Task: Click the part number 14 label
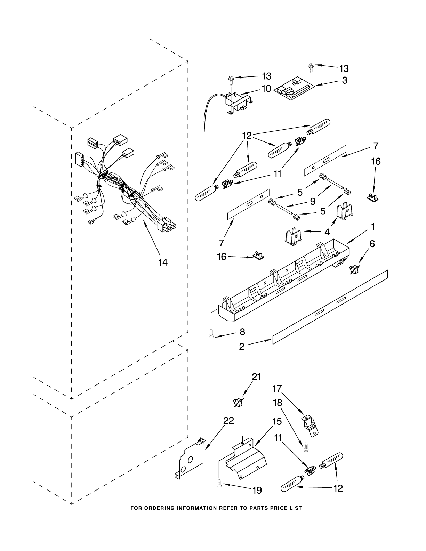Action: tap(163, 262)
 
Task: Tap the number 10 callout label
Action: tap(266, 89)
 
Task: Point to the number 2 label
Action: tap(242, 346)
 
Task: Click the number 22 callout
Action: tap(228, 421)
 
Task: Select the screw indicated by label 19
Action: tap(219, 484)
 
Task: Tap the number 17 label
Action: tap(277, 388)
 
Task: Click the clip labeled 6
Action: tap(354, 269)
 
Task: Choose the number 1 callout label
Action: tap(373, 227)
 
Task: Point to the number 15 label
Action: tap(277, 421)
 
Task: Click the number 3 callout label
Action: tap(345, 80)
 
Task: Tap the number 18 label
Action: tap(278, 403)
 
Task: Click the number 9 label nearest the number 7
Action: tap(313, 201)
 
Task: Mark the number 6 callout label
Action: tap(372, 244)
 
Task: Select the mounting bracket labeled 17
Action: tap(310, 426)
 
